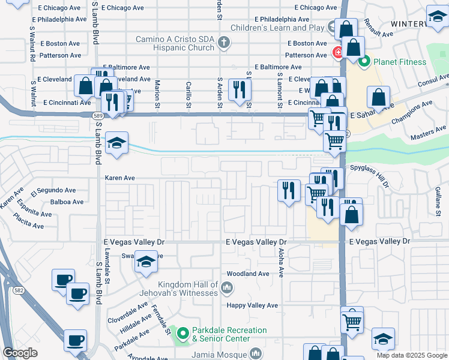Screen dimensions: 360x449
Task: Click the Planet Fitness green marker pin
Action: tap(363, 61)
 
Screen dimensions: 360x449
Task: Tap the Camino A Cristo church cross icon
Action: tap(224, 42)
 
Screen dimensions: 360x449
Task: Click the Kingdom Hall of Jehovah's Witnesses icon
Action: tap(227, 289)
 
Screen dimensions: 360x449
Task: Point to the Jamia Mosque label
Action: tap(219, 354)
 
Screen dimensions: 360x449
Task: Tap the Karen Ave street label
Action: tap(120, 178)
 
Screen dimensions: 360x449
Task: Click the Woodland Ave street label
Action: tap(248, 274)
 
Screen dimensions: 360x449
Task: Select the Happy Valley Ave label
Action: tap(252, 305)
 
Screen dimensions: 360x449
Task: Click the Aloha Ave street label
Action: tap(281, 265)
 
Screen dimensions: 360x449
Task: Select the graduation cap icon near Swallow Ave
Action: tap(145, 262)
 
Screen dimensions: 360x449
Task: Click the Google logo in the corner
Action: tap(20, 353)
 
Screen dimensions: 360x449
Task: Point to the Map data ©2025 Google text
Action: tap(412, 355)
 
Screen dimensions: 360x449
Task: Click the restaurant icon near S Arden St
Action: tap(240, 89)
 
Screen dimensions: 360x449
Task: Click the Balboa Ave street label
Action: tap(67, 202)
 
